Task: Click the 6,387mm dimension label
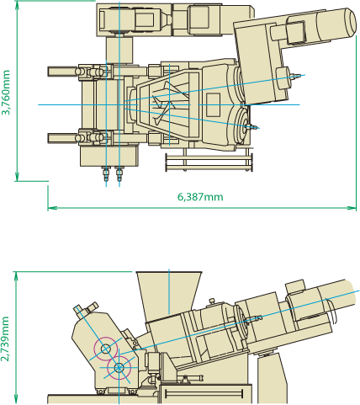tap(200, 197)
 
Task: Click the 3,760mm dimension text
tap(6, 93)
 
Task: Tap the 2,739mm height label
tap(5, 339)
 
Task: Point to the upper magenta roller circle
tap(105, 349)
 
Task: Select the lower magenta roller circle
tap(119, 367)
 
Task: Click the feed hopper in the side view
tap(169, 292)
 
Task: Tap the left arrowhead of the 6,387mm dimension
tap(52, 208)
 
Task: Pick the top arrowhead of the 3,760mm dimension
tap(18, 5)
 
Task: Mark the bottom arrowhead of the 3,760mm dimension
tap(18, 177)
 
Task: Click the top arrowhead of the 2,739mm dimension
tap(16, 276)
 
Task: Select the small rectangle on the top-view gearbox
tap(213, 105)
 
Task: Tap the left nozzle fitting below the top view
tap(106, 174)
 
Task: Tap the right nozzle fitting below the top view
tap(119, 174)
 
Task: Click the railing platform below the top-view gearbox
tap(209, 163)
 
